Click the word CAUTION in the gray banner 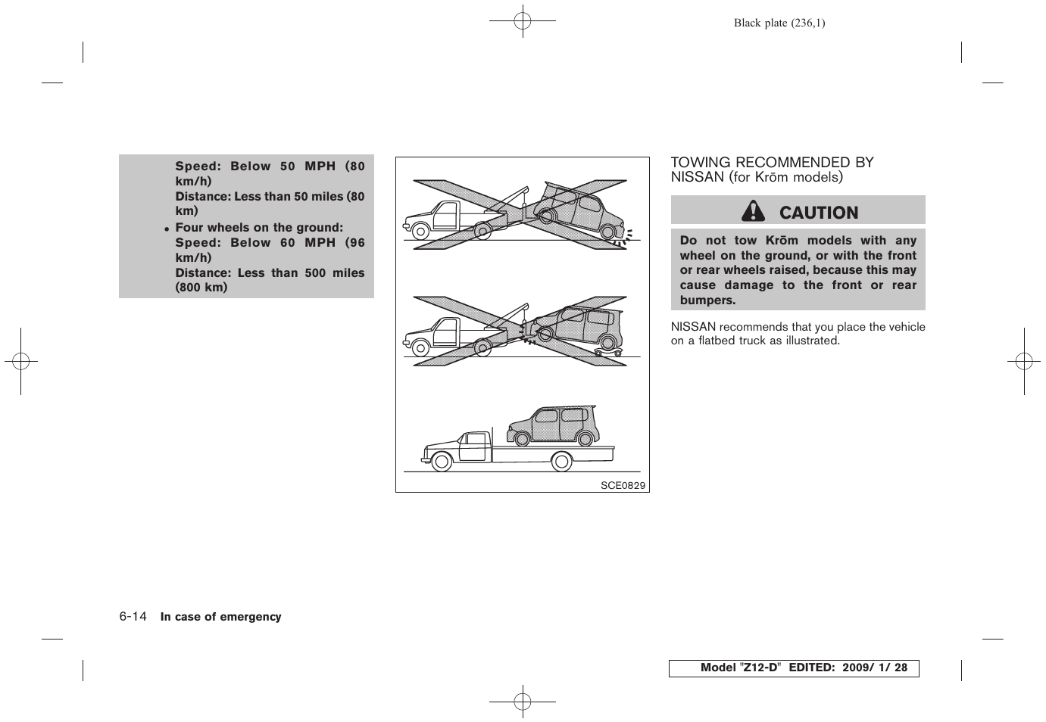point(818,213)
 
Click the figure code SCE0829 point(623,486)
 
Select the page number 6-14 point(133,617)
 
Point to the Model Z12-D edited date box point(793,668)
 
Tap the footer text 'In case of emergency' point(220,617)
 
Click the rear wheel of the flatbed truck point(561,461)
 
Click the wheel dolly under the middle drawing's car point(608,352)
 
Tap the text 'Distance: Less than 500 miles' point(270,272)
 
